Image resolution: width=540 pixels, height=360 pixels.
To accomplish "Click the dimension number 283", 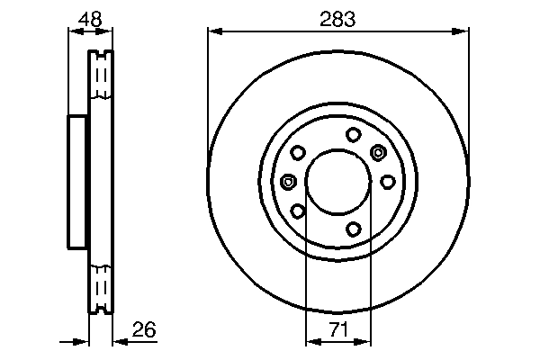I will [x=337, y=16].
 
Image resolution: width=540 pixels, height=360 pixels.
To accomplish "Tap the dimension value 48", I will [x=89, y=16].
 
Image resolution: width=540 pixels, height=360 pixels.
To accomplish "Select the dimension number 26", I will [x=143, y=330].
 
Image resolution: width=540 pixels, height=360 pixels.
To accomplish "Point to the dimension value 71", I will [x=337, y=330].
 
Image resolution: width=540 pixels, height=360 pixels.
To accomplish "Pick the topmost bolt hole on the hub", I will [x=353, y=134].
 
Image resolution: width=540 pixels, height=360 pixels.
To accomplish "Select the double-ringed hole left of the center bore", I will [x=288, y=182].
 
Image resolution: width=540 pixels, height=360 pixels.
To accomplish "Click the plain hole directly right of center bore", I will [x=387, y=182].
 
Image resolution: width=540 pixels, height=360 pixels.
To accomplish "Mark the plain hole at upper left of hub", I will [x=297, y=153].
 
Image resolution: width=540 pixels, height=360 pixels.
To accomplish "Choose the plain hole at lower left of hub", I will [x=297, y=212].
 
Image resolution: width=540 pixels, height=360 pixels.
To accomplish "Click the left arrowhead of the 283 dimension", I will [x=214, y=31].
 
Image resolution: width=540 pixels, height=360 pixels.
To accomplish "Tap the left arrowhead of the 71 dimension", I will [x=311, y=342].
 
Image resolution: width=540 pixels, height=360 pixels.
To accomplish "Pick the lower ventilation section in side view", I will [x=101, y=288].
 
